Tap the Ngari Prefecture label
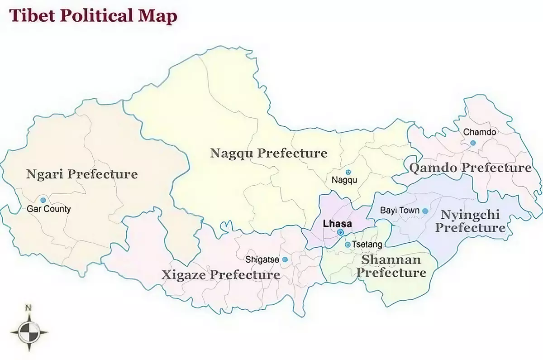[x=81, y=174]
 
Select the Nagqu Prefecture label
[x=269, y=153]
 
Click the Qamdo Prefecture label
[x=470, y=168]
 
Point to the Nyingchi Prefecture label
[x=470, y=221]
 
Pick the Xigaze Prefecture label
[x=221, y=275]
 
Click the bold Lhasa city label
[x=337, y=224]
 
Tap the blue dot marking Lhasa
[x=340, y=232]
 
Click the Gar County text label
[x=48, y=210]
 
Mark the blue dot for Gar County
[x=43, y=200]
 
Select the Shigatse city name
[x=262, y=260]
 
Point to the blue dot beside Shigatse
[x=285, y=259]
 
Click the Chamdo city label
[x=480, y=132]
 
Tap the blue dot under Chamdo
[x=473, y=143]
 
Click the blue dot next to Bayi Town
[x=425, y=211]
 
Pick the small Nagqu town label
[x=344, y=180]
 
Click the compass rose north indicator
[x=29, y=307]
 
